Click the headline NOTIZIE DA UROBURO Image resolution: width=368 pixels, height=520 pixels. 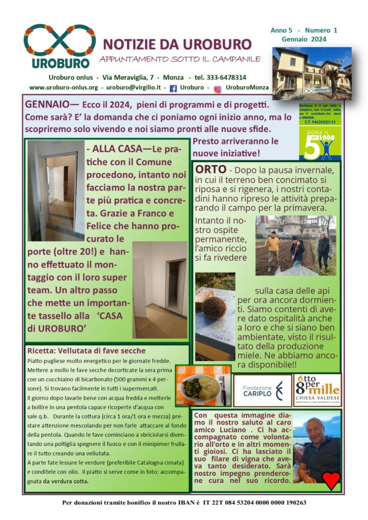(x=177, y=44)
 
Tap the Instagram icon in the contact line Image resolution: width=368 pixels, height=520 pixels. (x=217, y=89)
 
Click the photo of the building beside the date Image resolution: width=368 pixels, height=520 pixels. (x=312, y=73)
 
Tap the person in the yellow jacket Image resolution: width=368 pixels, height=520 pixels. (x=273, y=247)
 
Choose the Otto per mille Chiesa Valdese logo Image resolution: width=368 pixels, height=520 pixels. (x=317, y=390)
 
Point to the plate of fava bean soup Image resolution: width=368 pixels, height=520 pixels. (x=203, y=386)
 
